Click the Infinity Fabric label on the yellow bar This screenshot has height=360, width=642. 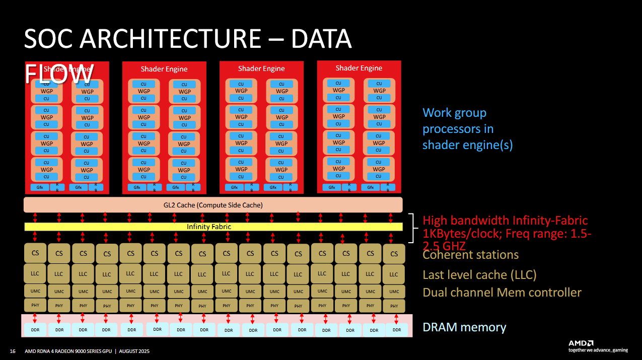[x=209, y=227]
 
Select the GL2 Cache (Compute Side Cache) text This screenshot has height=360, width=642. [x=213, y=205]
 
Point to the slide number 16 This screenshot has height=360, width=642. [x=13, y=351]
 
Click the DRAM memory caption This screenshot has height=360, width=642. [x=464, y=327]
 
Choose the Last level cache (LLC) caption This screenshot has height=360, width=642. [x=479, y=275]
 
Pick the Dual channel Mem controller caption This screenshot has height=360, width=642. [x=502, y=293]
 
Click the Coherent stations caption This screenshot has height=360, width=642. [x=470, y=255]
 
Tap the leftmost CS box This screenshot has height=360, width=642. [x=35, y=253]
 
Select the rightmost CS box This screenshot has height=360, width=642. [x=394, y=254]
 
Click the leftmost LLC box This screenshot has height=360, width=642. [x=35, y=274]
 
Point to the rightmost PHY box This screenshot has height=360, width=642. [x=394, y=306]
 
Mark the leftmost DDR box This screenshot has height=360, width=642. [x=35, y=329]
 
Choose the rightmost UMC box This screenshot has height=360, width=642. [x=394, y=291]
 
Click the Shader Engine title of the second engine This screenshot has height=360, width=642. [x=164, y=69]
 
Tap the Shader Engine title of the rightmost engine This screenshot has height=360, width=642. [x=359, y=68]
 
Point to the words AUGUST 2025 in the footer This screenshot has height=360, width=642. [x=134, y=351]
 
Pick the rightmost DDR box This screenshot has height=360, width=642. [x=397, y=330]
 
